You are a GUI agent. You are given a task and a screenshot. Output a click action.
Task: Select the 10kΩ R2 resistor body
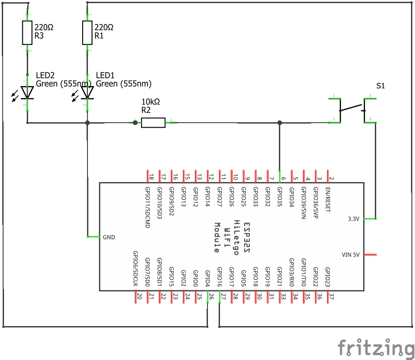153,122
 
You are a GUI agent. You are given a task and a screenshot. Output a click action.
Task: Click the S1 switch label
380,86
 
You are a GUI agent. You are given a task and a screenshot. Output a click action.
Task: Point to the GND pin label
109,237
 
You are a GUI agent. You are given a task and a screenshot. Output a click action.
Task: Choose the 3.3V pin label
354,219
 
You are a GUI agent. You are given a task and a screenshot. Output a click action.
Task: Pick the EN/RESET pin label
328,199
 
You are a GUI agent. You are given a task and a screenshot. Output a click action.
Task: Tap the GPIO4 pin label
207,277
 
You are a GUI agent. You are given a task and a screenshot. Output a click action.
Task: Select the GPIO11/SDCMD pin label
148,207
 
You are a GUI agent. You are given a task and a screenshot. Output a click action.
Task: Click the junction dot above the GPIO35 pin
279,122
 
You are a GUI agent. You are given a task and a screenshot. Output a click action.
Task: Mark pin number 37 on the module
331,296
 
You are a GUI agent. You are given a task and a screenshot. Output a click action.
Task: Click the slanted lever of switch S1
351,108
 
